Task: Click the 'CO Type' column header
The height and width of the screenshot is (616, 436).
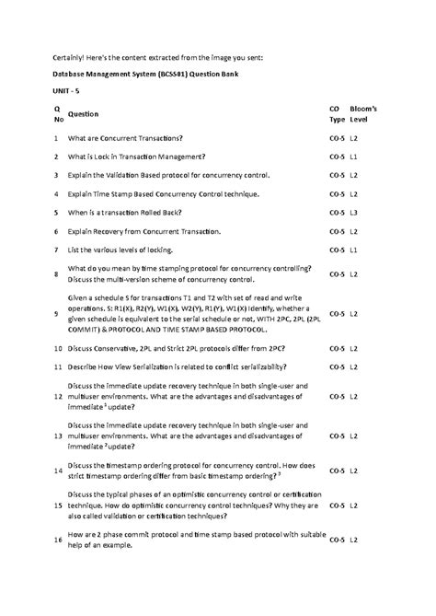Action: [x=337, y=114]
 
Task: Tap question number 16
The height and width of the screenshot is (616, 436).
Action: [x=57, y=539]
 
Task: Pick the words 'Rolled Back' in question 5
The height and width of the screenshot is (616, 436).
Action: [x=177, y=212]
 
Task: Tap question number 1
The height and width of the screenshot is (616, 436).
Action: [x=56, y=137]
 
